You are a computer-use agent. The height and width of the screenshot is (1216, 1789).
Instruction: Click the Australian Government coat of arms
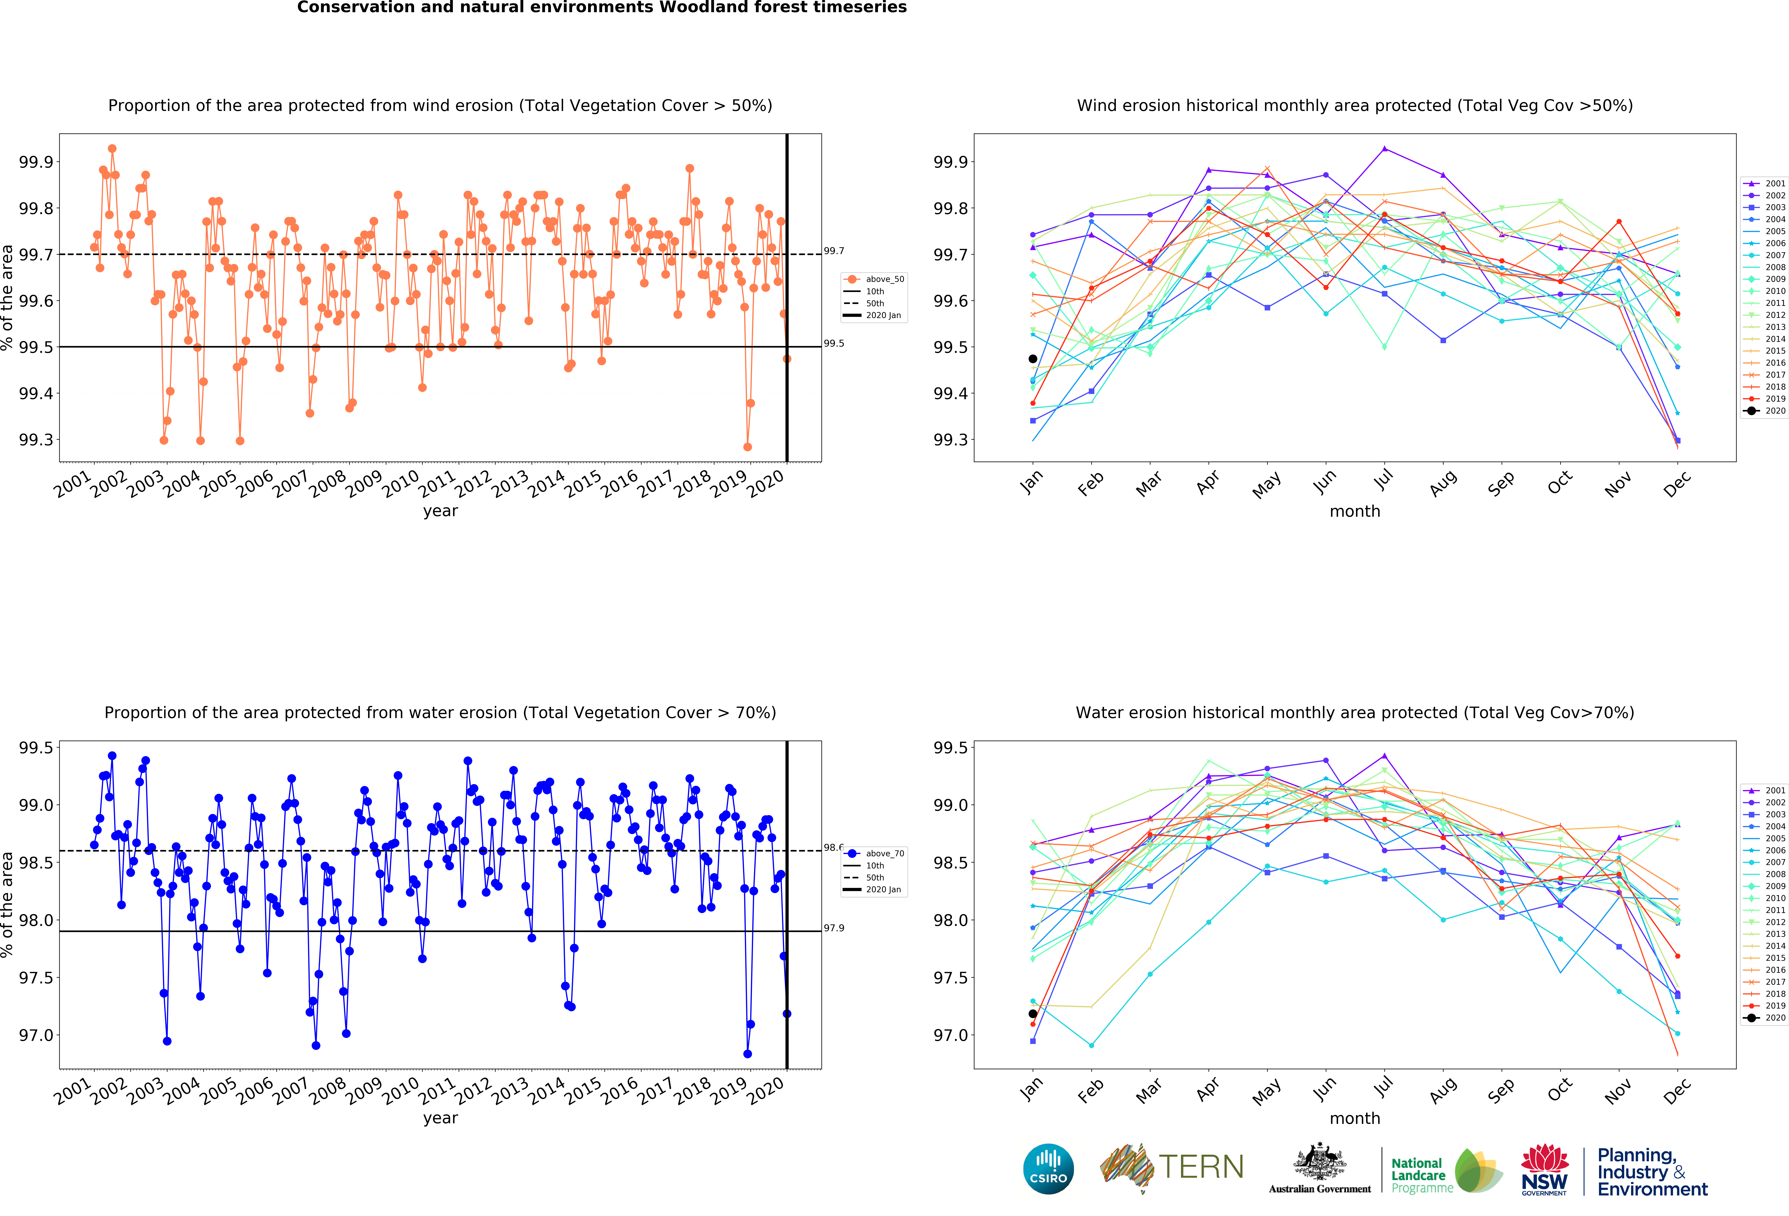(1319, 1162)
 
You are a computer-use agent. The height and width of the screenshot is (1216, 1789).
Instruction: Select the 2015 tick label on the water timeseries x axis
(583, 1091)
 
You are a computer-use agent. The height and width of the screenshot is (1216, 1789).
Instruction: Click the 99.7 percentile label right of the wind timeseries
(834, 251)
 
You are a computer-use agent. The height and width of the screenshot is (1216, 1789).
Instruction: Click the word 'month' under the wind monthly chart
(1355, 511)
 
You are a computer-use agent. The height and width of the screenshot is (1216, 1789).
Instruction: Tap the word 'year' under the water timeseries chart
(440, 1118)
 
